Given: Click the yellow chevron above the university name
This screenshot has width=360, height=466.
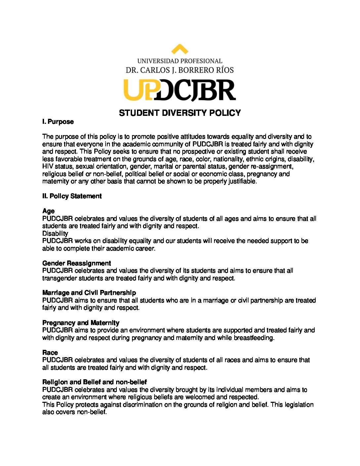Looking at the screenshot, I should (x=180, y=49).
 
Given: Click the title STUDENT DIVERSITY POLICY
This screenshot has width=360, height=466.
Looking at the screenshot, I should (x=180, y=113).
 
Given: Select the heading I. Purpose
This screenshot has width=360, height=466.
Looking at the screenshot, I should (x=58, y=122).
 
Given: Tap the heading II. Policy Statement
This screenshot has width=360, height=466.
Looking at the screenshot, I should (x=72, y=196).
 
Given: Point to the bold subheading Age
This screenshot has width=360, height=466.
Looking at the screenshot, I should (x=48, y=211).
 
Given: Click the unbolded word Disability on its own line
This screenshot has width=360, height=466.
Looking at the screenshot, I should (x=55, y=233).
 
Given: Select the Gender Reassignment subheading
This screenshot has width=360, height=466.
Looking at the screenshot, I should (x=76, y=263).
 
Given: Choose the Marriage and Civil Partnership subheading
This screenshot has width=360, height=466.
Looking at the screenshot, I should (x=89, y=293).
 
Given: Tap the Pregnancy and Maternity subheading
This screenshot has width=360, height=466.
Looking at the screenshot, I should (x=81, y=323).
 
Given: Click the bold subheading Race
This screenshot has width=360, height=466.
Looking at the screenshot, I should (x=50, y=352).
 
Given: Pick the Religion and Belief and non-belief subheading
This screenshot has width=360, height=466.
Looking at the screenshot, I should (x=94, y=382).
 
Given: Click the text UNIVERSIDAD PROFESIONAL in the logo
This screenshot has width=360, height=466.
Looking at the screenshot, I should (x=180, y=61).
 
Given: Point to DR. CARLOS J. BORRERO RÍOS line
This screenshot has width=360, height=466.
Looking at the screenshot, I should (x=180, y=70).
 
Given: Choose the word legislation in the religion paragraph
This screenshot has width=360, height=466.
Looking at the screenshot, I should (x=297, y=404).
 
